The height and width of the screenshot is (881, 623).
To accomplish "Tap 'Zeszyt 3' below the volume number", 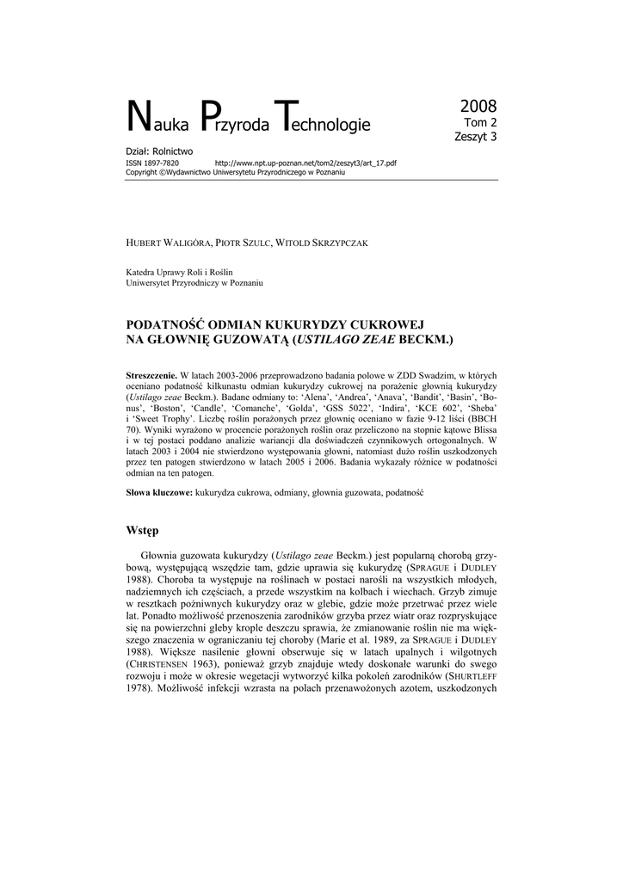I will [476, 136].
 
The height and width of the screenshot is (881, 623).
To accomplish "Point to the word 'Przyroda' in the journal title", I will [231, 125].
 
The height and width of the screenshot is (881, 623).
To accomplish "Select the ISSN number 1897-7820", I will [162, 162].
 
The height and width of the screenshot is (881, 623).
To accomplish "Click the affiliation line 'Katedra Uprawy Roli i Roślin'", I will [180, 272].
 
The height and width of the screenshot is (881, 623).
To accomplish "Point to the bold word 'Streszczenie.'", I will [151, 376].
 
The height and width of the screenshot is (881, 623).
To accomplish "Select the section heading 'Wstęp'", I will [143, 530].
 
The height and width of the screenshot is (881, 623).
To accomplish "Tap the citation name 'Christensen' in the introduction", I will [164, 665].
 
